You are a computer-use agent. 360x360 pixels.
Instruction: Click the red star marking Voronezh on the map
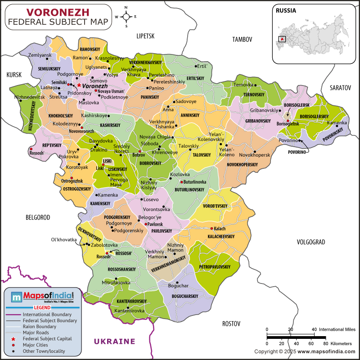pyautogui.click(x=79, y=85)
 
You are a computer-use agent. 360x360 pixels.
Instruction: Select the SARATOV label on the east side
pyautogui.click(x=339, y=88)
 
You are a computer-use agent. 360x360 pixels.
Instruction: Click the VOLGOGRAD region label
pyautogui.click(x=310, y=242)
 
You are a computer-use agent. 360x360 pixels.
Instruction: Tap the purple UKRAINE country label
pyautogui.click(x=114, y=341)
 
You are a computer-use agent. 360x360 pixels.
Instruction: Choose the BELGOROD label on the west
pyautogui.click(x=37, y=217)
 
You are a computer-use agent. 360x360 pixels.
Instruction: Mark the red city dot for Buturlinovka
pyautogui.click(x=181, y=182)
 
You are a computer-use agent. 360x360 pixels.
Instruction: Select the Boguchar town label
pyautogui.click(x=178, y=286)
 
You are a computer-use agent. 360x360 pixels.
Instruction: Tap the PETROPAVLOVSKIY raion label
pyautogui.click(x=215, y=267)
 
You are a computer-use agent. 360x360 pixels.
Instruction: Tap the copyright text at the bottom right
pyautogui.click(x=305, y=351)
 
